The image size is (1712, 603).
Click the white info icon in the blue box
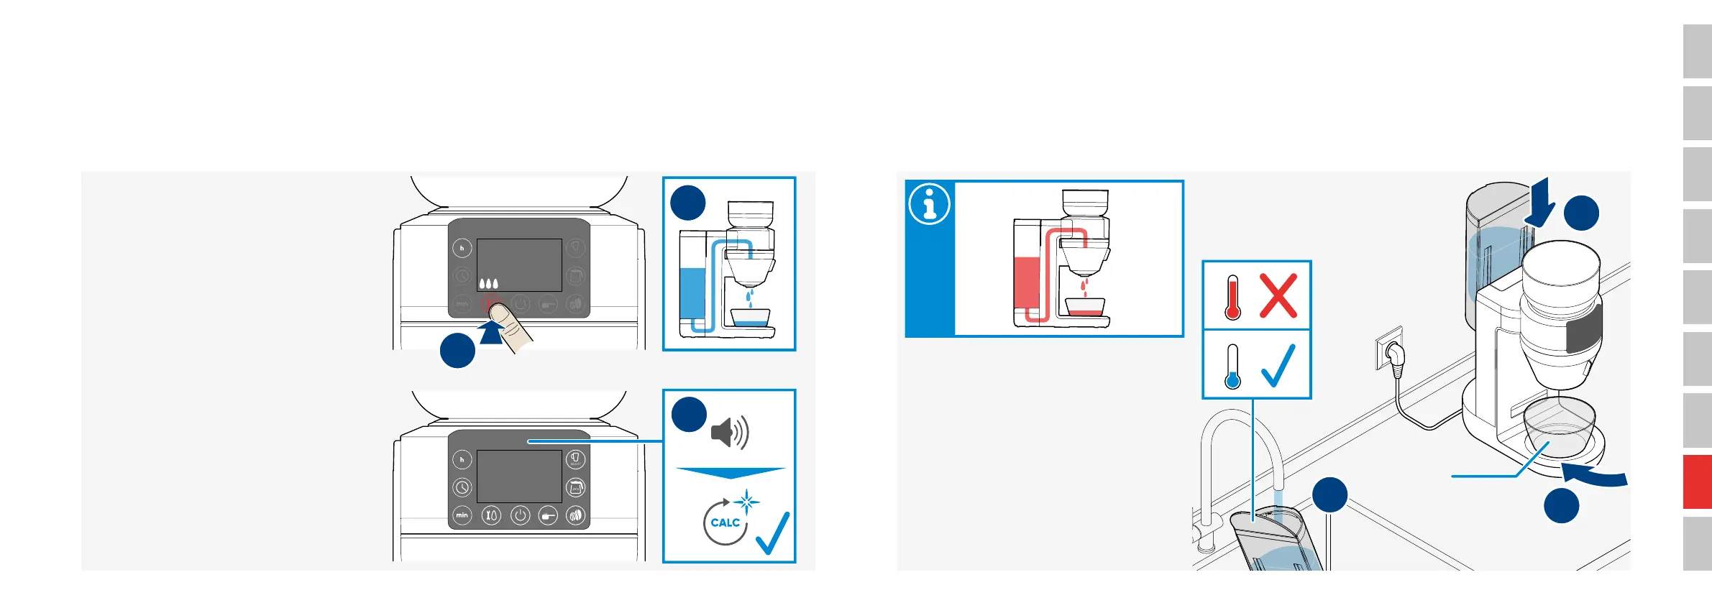point(929,204)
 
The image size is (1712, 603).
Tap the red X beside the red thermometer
point(1278,295)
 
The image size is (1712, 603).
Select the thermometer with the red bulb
point(1233,298)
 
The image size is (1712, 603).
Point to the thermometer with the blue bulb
point(1233,367)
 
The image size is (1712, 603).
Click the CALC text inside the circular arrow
point(725,523)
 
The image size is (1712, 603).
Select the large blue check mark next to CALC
point(773,533)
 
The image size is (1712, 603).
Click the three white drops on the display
point(488,283)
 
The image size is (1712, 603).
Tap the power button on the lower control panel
point(520,515)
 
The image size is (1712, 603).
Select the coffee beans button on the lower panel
point(575,515)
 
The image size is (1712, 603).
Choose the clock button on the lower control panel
point(462,487)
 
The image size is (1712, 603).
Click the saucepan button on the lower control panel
point(548,515)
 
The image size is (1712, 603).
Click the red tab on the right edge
point(1697,482)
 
